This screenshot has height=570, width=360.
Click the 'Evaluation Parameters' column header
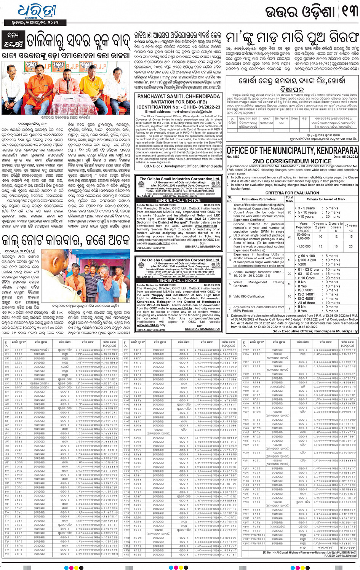[x=259, y=199]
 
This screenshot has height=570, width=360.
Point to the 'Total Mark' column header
[x=290, y=199]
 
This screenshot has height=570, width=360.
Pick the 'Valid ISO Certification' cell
[x=249, y=296]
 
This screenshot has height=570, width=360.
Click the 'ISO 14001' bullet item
[x=306, y=294]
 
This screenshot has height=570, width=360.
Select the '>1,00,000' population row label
[x=303, y=246]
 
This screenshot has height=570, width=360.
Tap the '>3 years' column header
[x=350, y=225]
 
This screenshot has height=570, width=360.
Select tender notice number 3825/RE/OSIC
[x=156, y=205]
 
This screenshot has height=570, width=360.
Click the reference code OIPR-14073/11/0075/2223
[x=151, y=248]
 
